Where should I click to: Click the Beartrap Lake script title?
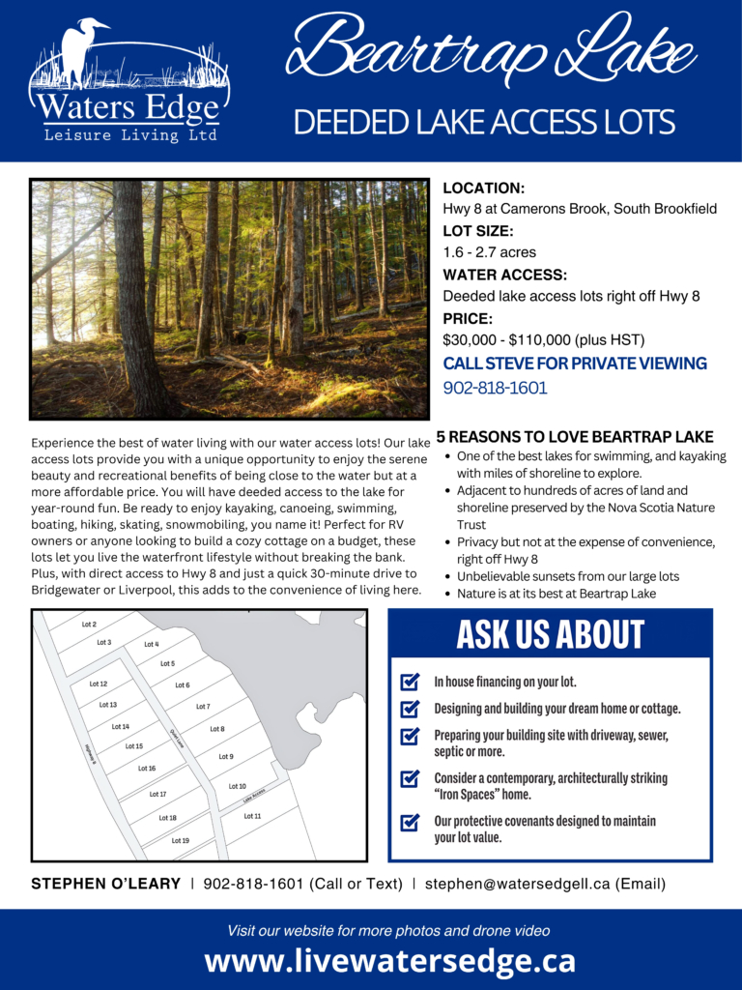point(490,48)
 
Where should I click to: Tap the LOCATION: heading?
point(483,188)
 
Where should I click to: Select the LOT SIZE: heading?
point(477,231)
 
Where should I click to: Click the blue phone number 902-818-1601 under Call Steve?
point(495,388)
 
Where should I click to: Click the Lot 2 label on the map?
point(89,625)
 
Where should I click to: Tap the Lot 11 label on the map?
point(252,816)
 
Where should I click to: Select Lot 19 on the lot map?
point(181,840)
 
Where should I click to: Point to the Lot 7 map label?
point(203,707)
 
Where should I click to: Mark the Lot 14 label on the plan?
point(120,726)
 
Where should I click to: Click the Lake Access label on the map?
point(254,795)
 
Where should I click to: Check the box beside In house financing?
point(410,683)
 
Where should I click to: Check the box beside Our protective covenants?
point(410,823)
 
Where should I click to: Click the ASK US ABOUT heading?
point(550,635)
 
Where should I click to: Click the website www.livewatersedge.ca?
point(389,961)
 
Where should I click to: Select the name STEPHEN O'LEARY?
point(106,884)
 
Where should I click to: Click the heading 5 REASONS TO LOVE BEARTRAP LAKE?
point(575,437)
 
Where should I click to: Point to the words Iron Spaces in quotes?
point(473,795)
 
